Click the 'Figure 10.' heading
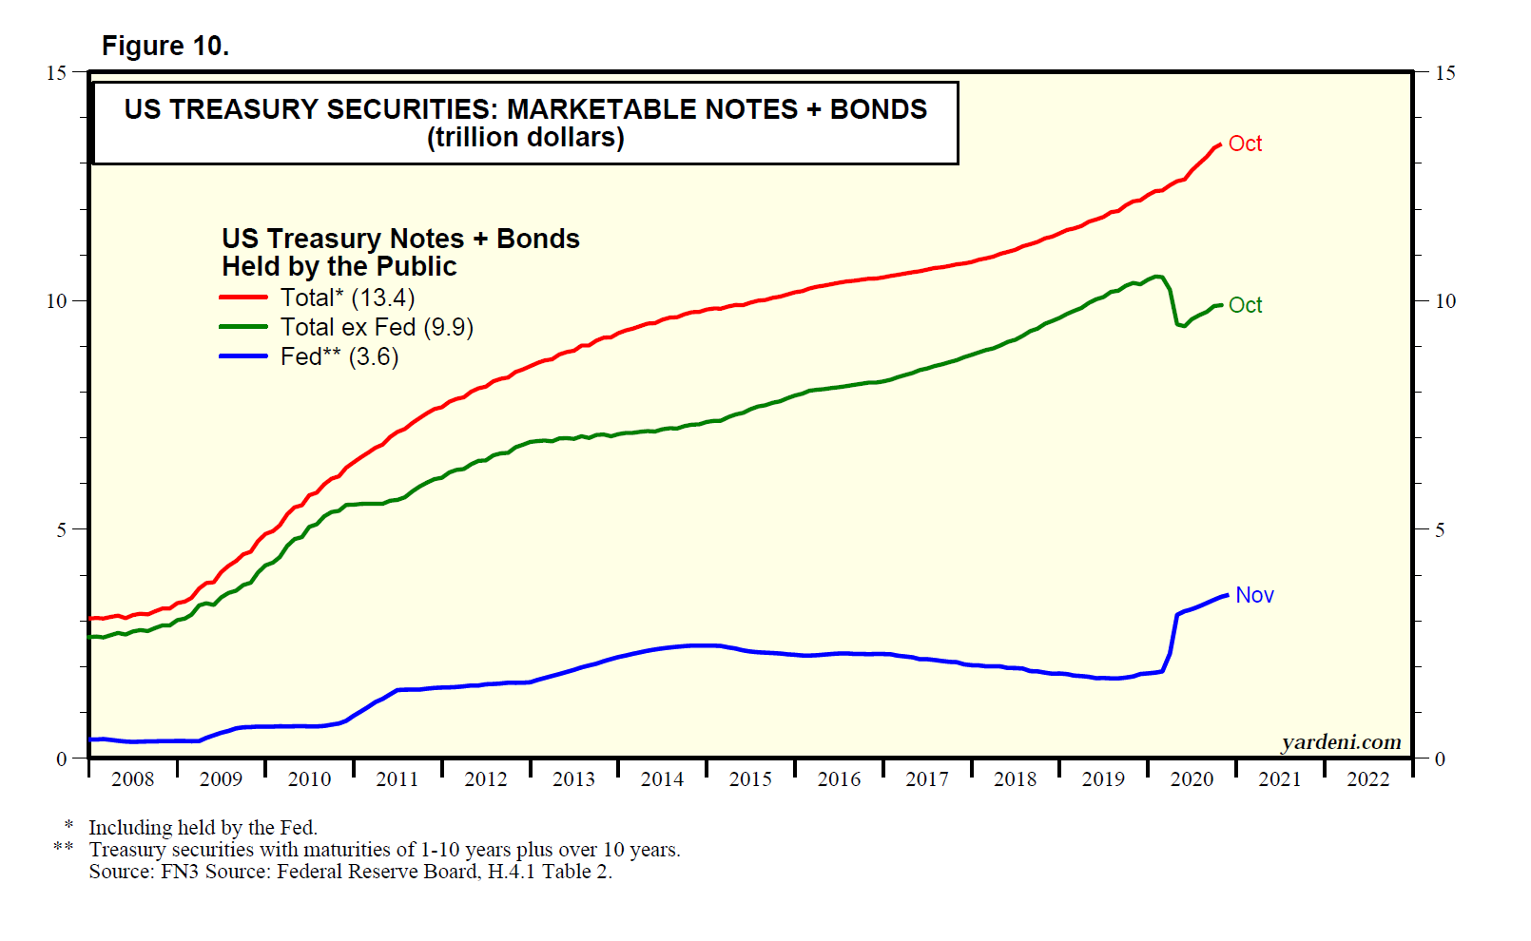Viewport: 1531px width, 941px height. (x=165, y=46)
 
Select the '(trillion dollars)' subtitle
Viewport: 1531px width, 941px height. (x=525, y=138)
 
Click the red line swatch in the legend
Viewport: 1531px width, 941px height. (x=243, y=298)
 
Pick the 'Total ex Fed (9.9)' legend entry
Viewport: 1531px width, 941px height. (x=377, y=327)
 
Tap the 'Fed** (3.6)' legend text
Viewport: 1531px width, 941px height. (x=339, y=356)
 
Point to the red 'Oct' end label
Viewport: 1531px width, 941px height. (x=1245, y=144)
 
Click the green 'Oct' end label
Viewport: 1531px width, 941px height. (x=1245, y=305)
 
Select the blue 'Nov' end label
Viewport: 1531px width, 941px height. (x=1254, y=595)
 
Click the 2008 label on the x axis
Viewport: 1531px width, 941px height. (x=132, y=779)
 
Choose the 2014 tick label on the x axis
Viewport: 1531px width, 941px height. (x=662, y=779)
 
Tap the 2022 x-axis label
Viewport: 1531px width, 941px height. (x=1367, y=779)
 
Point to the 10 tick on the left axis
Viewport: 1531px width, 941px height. (x=57, y=301)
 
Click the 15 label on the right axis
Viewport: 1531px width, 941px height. (x=1444, y=73)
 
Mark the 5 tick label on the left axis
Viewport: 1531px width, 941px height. (x=62, y=529)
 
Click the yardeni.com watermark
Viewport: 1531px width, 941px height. (x=1341, y=742)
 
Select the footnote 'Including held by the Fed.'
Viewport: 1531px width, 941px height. (x=203, y=828)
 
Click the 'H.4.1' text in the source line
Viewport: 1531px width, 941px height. (x=512, y=872)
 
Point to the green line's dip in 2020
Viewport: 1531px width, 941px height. (x=1181, y=325)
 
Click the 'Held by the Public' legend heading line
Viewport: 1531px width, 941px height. (x=339, y=266)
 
